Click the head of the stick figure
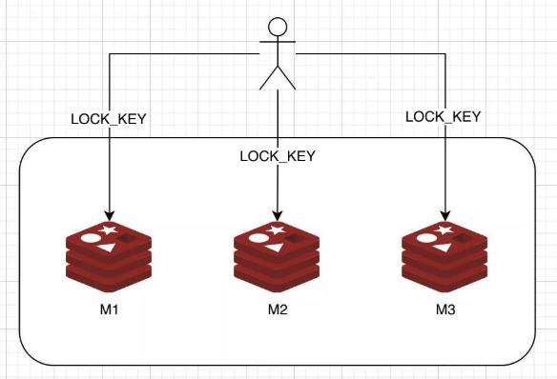coord(277,28)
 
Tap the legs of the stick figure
coord(277,79)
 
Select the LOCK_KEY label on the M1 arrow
coord(110,120)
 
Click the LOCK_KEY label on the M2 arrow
coord(277,155)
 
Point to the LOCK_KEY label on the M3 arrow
coord(444,116)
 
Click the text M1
coord(108,310)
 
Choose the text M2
coord(277,310)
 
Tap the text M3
coord(445,310)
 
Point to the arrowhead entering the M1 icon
coord(109,214)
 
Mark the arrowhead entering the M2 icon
coord(277,214)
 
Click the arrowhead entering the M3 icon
coord(444,214)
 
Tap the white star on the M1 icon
coord(112,229)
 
